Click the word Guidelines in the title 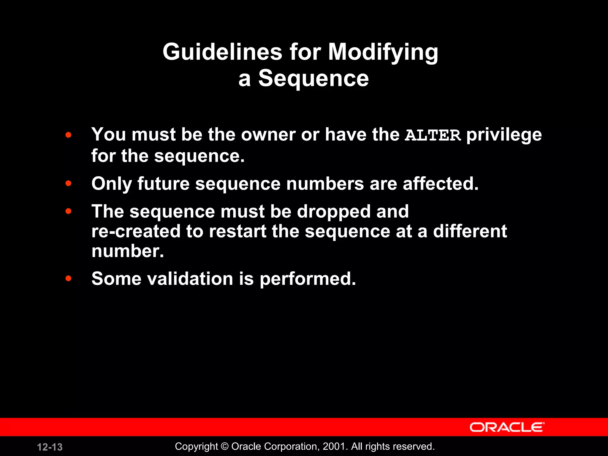coord(222,52)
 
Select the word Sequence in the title coord(313,78)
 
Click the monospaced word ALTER coord(433,135)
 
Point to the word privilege coord(504,135)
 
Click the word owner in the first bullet coord(268,135)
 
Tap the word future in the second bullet coord(163,184)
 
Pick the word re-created coord(136,231)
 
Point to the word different coord(470,231)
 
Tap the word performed coord(308,279)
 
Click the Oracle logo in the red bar coord(507,427)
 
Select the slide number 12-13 coord(50,447)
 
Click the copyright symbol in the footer coord(225,446)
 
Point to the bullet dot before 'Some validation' coord(69,278)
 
